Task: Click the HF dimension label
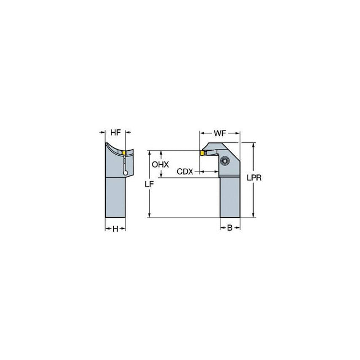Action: point(115,133)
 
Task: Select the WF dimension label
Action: point(220,133)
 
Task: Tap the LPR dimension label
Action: point(254,178)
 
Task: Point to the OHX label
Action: point(160,164)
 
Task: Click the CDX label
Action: point(185,172)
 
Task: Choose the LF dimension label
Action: point(149,184)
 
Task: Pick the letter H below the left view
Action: point(115,229)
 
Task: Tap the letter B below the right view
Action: point(230,228)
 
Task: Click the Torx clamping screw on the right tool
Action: point(224,161)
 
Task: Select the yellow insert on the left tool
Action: point(124,152)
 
